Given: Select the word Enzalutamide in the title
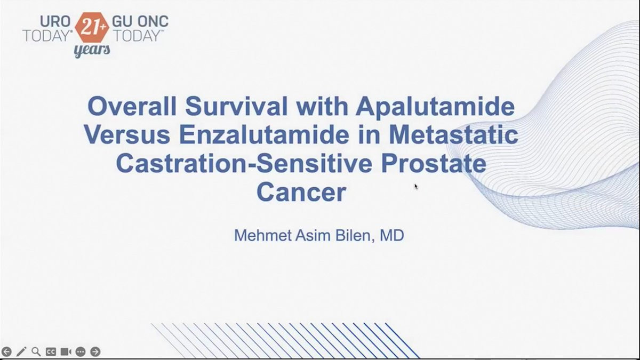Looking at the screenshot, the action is coord(264,134).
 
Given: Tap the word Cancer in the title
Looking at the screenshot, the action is coord(301,193).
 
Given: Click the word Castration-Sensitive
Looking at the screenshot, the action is coord(244,163).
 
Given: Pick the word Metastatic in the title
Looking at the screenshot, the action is coord(453,134).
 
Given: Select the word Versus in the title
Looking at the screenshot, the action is coord(127,134).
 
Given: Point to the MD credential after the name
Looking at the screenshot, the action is coord(391,235).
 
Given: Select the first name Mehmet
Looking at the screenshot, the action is coord(263,235).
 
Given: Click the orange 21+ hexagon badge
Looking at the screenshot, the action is coord(92,27).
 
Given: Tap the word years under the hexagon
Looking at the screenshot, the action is coord(92,51).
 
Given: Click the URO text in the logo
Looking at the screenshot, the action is coord(55,21).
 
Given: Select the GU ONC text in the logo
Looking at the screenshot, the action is coord(140,21).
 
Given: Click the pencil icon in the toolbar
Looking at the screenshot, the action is coord(21,351).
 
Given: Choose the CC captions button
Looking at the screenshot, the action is coord(51,351).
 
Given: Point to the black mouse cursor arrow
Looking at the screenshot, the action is coord(416,187).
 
